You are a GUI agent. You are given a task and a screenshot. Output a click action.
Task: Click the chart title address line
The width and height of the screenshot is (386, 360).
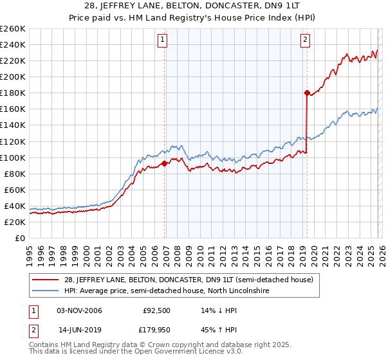coord(193,6)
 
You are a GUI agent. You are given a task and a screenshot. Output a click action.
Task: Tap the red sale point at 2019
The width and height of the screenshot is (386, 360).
coord(306,93)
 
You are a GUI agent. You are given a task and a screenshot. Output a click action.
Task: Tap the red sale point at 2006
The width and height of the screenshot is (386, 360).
coord(164,163)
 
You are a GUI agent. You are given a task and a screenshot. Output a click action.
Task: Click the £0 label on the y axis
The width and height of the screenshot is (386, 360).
coord(21,238)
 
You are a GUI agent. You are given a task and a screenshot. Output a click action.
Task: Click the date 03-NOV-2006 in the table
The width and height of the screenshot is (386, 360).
coord(80,310)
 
